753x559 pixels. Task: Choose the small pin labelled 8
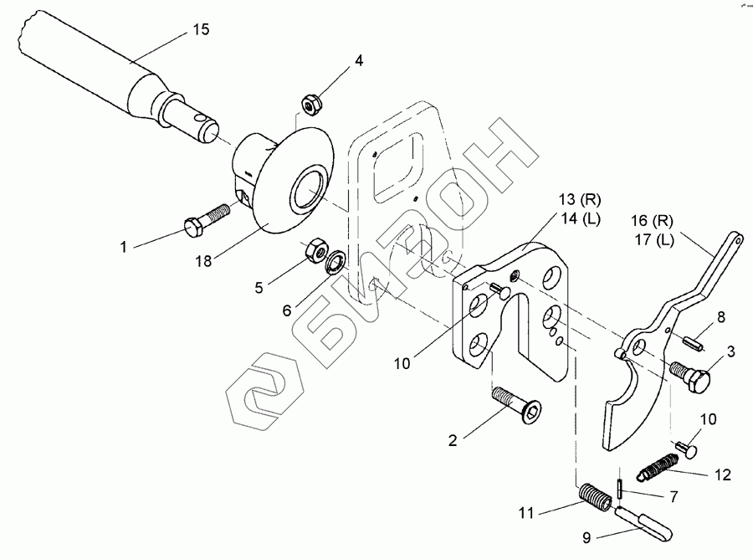pos(694,342)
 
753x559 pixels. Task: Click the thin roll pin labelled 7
pos(618,486)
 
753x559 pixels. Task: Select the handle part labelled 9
pos(653,527)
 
